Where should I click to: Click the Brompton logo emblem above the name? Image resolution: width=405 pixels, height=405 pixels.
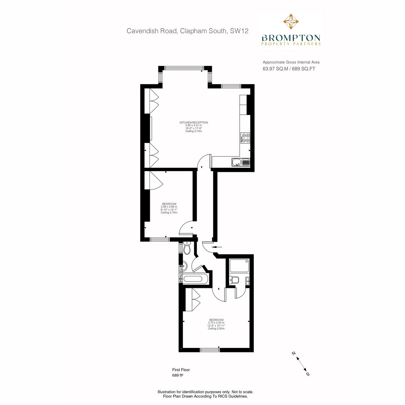(x=291, y=22)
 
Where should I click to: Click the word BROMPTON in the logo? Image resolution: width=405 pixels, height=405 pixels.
(x=291, y=38)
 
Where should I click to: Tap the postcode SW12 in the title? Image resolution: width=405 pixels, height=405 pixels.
(x=239, y=31)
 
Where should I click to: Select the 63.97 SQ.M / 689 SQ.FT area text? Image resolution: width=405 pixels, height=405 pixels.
(x=289, y=69)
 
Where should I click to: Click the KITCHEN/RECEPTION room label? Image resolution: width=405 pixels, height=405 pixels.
(x=194, y=123)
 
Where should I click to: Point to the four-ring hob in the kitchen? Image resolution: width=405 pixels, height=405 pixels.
(x=245, y=138)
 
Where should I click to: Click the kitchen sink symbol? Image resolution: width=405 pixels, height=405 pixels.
(x=241, y=162)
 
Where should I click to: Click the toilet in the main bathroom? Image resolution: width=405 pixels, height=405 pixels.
(x=187, y=248)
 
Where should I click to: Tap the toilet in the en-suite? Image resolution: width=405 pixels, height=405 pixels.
(x=234, y=280)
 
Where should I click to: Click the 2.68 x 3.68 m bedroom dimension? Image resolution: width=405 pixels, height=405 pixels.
(x=169, y=207)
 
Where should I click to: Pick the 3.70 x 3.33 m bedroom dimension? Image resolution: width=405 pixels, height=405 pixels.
(x=216, y=323)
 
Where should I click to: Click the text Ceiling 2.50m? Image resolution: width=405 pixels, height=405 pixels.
(x=216, y=328)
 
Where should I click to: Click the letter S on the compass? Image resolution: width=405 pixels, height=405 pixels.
(x=308, y=374)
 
